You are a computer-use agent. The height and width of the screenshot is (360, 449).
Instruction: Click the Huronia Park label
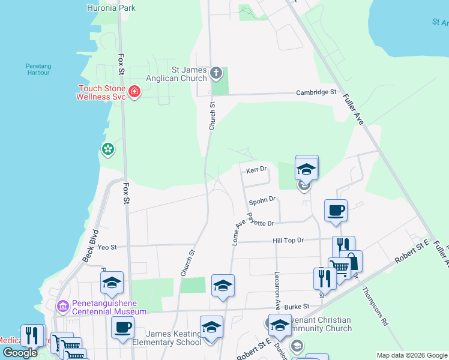point(112,8)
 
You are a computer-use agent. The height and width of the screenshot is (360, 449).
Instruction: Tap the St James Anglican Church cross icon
point(216,74)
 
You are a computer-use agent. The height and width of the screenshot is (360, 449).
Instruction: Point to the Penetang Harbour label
point(39,70)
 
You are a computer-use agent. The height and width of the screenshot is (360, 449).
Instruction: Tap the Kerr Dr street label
point(256,170)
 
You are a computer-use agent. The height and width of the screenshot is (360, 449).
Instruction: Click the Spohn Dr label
point(262,199)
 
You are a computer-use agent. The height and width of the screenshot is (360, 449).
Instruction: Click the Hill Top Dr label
point(289,240)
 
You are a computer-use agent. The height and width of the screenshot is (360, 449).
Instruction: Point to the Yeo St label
point(107,247)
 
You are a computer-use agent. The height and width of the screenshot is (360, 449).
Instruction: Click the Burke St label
point(297,306)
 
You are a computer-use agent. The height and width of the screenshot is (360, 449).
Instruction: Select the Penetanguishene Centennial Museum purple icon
point(63,307)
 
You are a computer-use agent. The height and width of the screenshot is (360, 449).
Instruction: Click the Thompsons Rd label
point(376,306)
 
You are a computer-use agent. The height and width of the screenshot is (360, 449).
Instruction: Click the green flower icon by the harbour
point(108,149)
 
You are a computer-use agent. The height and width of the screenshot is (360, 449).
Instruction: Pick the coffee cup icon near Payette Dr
point(336,211)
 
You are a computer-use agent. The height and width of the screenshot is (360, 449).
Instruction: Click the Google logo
point(20,353)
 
